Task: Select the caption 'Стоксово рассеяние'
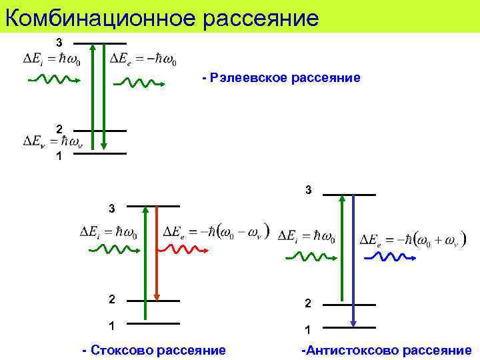153,350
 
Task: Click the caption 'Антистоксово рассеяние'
387,350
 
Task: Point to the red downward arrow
157,253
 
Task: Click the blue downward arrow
353,260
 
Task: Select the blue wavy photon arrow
387,257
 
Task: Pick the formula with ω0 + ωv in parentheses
413,239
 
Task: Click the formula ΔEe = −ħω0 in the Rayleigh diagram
143,58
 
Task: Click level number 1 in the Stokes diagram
111,326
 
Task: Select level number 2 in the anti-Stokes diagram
307,303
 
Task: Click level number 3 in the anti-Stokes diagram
308,190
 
